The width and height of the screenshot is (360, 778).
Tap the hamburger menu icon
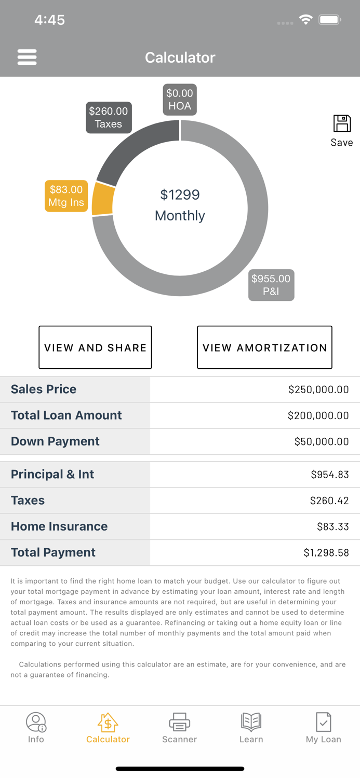(27, 57)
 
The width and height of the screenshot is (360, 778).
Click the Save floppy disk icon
(342, 124)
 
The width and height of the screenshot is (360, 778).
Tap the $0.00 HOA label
(180, 100)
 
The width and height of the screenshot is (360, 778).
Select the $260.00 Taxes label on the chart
(109, 118)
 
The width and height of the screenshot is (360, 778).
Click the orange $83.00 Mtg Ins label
(66, 196)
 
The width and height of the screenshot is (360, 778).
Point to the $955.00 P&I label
(271, 285)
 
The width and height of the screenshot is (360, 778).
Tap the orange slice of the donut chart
(102, 199)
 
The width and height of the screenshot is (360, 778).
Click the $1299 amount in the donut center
(180, 195)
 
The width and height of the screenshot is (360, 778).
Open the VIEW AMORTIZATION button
(264, 348)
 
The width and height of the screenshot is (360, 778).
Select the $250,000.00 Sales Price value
(318, 390)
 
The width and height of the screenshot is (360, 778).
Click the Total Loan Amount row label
(66, 415)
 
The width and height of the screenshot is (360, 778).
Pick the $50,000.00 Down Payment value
(321, 441)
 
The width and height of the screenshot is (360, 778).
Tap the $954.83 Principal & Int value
(329, 475)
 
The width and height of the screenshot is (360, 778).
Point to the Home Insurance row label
(59, 526)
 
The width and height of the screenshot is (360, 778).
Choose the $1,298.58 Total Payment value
(326, 553)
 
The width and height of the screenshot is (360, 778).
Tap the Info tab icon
(36, 722)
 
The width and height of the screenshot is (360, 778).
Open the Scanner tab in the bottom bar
(179, 728)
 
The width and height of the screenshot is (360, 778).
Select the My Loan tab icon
(323, 722)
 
